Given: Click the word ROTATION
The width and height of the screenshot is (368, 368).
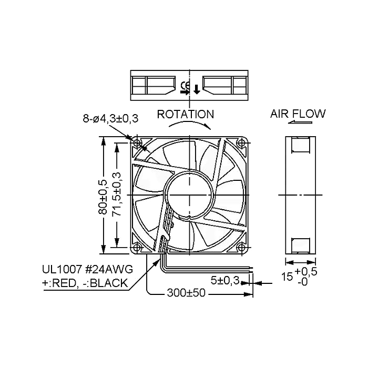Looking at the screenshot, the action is (186, 114).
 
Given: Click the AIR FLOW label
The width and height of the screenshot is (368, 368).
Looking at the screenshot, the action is (298, 114).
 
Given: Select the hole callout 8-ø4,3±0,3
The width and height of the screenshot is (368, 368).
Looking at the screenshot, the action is (110, 118).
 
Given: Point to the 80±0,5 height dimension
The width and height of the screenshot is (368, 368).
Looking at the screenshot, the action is (103, 197).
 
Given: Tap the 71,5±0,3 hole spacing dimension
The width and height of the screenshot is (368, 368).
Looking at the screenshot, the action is (116, 195).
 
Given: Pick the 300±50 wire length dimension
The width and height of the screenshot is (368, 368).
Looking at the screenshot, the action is (186, 293).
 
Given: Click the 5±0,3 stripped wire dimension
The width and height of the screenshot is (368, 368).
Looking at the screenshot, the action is (225, 280).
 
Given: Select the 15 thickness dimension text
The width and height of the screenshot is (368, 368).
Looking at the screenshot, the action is (287, 277).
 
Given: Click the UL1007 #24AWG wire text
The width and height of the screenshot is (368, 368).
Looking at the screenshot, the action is (87, 269).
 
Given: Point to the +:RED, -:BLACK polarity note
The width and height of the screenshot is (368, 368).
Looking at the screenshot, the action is (85, 283).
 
